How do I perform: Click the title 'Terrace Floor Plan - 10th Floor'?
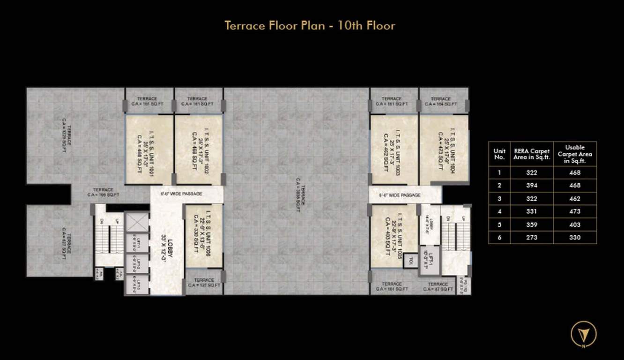coord(310,25)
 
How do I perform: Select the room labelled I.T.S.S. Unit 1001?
coord(149,149)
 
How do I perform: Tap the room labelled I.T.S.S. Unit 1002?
coord(198,149)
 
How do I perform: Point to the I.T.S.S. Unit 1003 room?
coord(394,149)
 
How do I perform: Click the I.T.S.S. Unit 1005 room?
coord(393,235)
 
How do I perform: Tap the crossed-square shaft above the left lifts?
coord(137,222)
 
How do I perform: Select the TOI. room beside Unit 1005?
coord(410,261)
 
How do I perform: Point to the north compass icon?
coord(583,334)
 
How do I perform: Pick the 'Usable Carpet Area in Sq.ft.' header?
coord(575,154)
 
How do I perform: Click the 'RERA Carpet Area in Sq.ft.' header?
coord(532,154)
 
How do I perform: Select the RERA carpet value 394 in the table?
coord(532,186)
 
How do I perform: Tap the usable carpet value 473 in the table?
coord(575,211)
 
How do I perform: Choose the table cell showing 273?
coord(532,237)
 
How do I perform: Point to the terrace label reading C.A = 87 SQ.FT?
coord(438,287)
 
